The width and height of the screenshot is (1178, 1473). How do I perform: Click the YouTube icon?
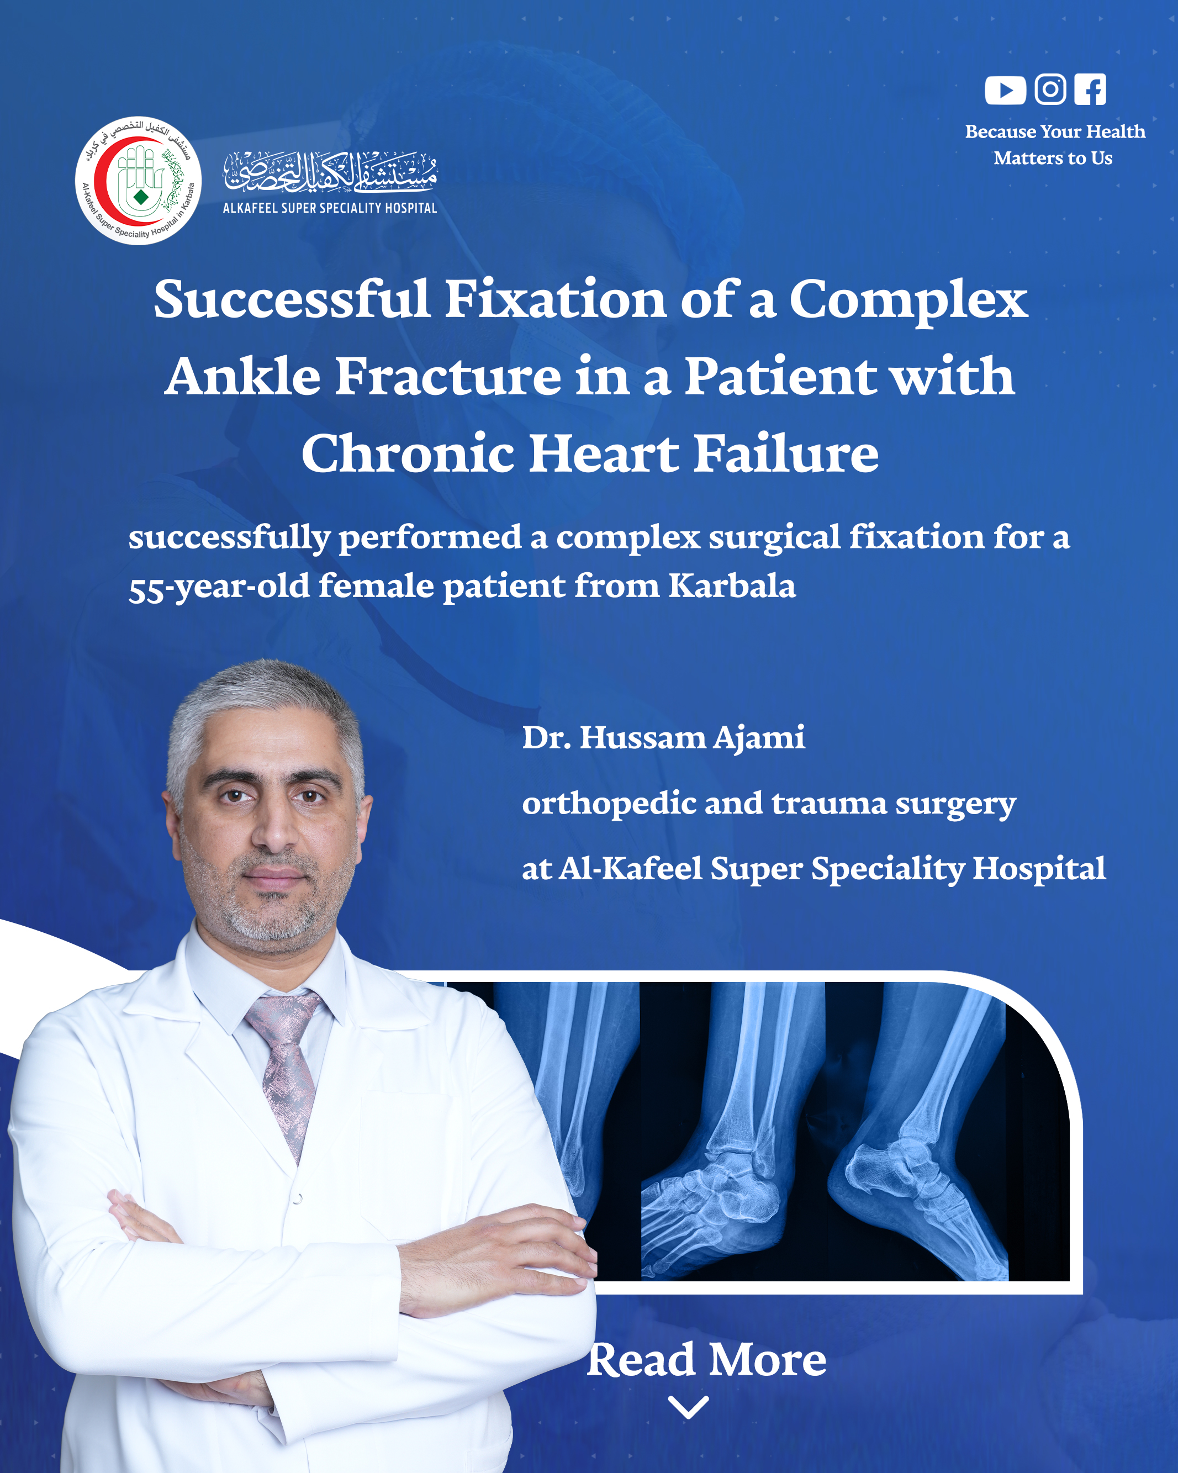1005,90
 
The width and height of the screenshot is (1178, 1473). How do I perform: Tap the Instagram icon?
1050,89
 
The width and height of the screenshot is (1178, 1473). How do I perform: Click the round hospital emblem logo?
138,181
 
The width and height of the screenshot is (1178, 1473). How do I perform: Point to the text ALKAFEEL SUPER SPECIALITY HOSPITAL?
330,208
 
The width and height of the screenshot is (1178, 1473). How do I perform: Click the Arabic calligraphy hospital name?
331,171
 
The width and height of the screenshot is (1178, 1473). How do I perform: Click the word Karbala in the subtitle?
732,585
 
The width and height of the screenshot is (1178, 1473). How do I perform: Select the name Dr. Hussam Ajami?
663,738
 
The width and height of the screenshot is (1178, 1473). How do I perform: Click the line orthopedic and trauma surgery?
769,804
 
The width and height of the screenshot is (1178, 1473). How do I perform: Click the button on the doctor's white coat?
298,1199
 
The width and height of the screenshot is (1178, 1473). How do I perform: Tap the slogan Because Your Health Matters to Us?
1054,144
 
